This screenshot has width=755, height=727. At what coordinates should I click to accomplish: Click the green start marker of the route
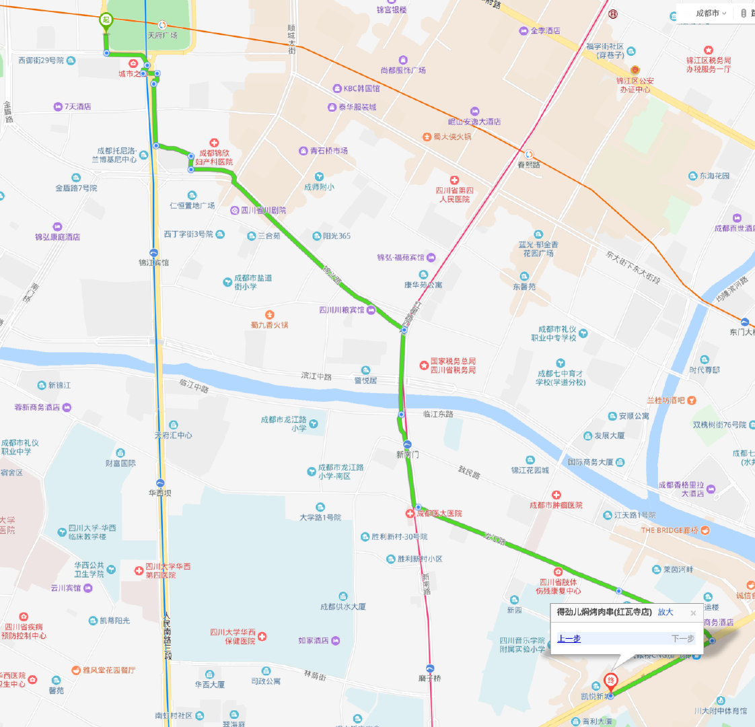(106, 21)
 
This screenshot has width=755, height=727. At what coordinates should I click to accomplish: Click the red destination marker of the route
(610, 681)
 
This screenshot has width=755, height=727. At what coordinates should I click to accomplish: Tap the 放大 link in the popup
(665, 612)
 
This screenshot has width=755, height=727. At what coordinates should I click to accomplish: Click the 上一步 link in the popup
(569, 638)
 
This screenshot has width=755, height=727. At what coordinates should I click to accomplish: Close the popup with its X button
(693, 613)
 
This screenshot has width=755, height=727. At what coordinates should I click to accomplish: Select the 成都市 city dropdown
(711, 13)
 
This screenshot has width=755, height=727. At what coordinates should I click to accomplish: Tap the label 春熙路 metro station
(529, 164)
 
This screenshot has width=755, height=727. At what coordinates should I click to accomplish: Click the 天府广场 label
(162, 35)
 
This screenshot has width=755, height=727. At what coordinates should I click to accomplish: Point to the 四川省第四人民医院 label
(456, 195)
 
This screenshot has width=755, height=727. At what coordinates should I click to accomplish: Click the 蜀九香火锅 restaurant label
(269, 324)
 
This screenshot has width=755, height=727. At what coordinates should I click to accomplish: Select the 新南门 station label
(407, 454)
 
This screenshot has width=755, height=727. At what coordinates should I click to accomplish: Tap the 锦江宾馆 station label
(153, 263)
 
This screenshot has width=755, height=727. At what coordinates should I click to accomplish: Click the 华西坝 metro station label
(160, 493)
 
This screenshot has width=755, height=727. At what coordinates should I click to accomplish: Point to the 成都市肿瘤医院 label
(556, 505)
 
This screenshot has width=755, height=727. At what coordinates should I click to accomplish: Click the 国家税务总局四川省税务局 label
(452, 366)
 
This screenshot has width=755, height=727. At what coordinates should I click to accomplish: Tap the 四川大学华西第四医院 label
(168, 571)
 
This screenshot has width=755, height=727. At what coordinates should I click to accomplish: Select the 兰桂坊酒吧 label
(666, 401)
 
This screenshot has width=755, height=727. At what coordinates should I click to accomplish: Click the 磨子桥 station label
(429, 678)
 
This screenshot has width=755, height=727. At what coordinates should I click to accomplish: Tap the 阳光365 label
(336, 236)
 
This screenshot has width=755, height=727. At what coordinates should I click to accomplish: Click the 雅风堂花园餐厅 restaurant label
(108, 670)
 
